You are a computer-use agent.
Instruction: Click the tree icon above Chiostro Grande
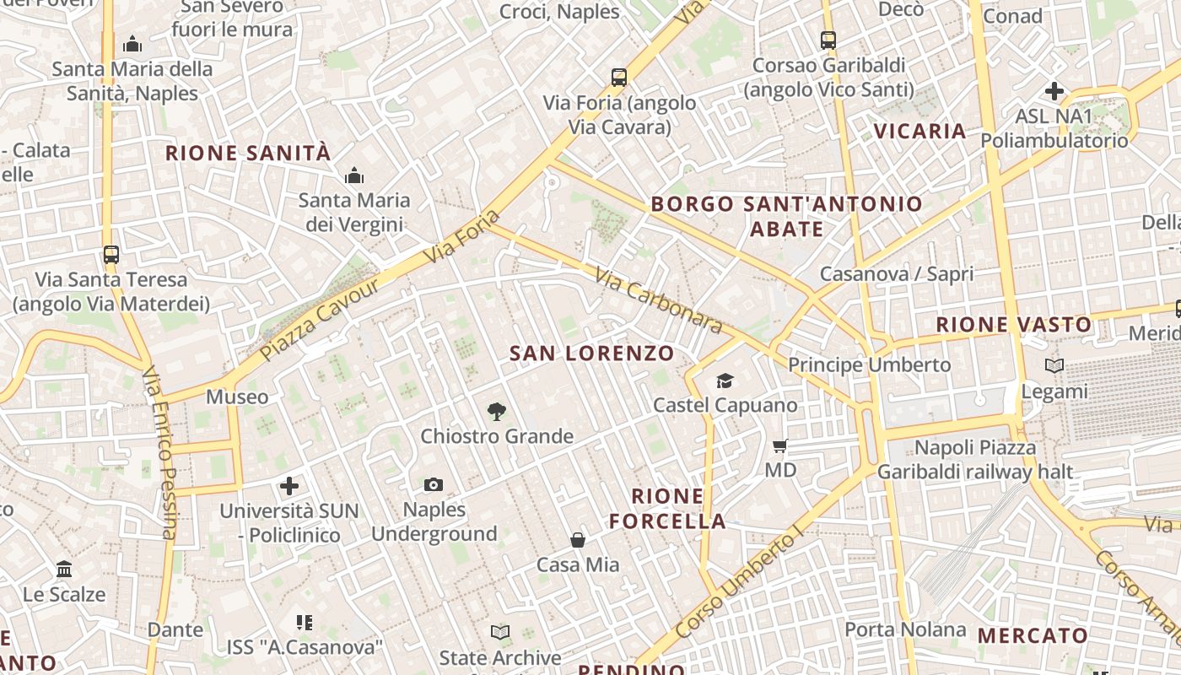pos(497,412)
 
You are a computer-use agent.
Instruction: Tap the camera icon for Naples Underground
pos(434,485)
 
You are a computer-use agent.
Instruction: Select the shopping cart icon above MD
pos(780,445)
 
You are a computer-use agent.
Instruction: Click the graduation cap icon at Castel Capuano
pos(725,381)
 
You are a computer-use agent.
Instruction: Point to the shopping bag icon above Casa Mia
pos(578,540)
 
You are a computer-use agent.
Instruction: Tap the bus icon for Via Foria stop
pos(619,78)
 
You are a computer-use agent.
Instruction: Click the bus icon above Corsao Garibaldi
pos(828,40)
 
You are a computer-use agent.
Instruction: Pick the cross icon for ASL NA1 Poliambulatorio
pos(1054,91)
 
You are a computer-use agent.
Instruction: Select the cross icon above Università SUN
pos(289,486)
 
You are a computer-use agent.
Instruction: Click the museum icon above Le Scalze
pos(64,570)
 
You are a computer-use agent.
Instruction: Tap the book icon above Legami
pos(1054,366)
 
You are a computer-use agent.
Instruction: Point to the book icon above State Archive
pos(500,633)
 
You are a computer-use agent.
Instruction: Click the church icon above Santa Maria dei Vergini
pos(354,175)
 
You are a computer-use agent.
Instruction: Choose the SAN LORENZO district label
pos(592,354)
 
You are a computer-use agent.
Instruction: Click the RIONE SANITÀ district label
pos(248,154)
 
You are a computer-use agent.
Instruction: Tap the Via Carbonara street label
pos(659,300)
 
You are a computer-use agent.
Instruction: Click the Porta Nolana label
pos(905,629)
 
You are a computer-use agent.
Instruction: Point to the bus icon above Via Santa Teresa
pos(111,254)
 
